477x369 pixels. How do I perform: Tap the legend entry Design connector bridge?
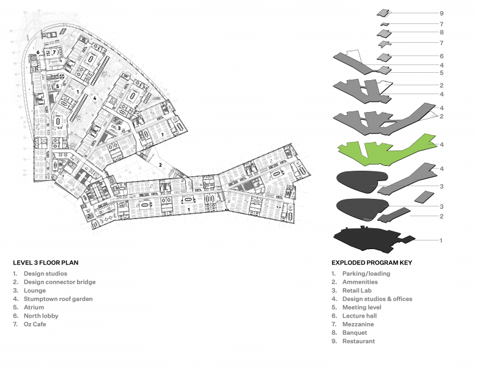(59, 282)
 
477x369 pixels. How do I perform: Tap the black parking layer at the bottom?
(367, 239)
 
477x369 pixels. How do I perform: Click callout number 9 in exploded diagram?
(441, 13)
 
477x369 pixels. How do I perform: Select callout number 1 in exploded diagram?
(441, 240)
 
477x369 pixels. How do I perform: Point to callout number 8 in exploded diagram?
(441, 32)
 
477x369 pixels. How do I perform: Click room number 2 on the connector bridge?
(160, 165)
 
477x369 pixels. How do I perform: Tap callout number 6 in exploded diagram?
(441, 56)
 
